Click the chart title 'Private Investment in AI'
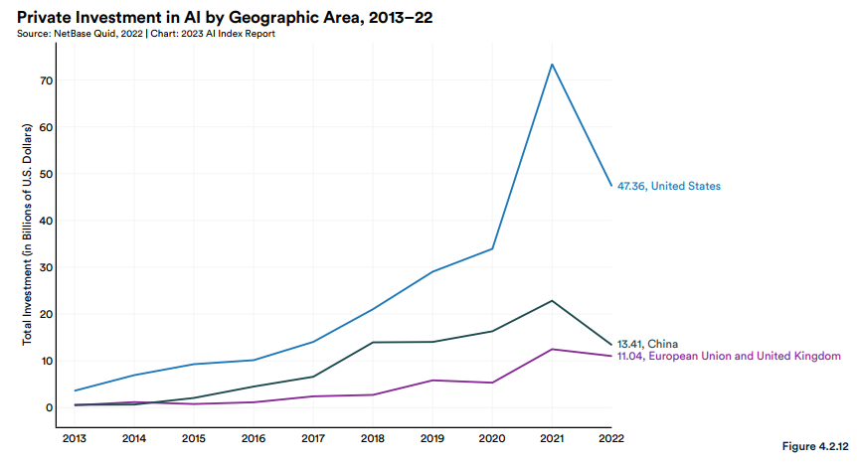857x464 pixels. pyautogui.click(x=225, y=17)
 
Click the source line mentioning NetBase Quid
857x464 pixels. pyautogui.click(x=146, y=34)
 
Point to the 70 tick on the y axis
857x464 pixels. pyautogui.click(x=47, y=80)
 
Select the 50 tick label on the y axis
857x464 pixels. pyautogui.click(x=47, y=174)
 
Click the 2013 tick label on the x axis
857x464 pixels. pyautogui.click(x=74, y=437)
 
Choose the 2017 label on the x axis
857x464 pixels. pyautogui.click(x=312, y=437)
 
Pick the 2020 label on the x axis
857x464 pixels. pyautogui.click(x=492, y=437)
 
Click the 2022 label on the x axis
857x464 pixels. pyautogui.click(x=611, y=437)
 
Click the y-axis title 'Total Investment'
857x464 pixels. pyautogui.click(x=28, y=234)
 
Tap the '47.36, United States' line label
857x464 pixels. pyautogui.click(x=668, y=186)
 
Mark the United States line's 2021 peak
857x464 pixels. pyautogui.click(x=552, y=65)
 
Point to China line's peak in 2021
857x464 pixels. pyautogui.click(x=552, y=300)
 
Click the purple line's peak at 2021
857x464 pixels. pyautogui.click(x=552, y=349)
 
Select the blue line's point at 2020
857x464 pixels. pyautogui.click(x=492, y=248)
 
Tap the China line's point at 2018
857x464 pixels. pyautogui.click(x=373, y=342)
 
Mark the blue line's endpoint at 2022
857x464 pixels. pyautogui.click(x=611, y=186)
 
